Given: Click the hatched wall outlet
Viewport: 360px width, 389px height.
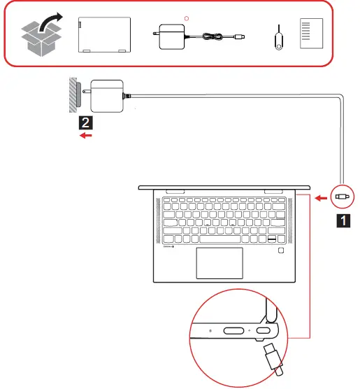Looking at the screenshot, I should pyautogui.click(x=73, y=94).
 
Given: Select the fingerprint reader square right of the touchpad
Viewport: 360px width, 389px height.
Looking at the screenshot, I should pyautogui.click(x=280, y=250).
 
